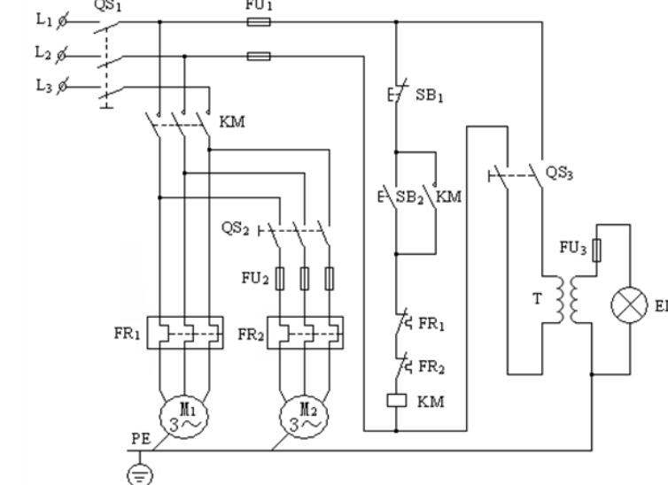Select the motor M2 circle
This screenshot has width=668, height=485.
click(303, 411)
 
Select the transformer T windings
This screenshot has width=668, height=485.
click(568, 302)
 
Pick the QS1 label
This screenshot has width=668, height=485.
click(105, 4)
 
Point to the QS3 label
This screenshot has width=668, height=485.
click(559, 173)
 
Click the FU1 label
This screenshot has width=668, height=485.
click(256, 4)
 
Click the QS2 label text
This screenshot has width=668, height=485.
click(236, 228)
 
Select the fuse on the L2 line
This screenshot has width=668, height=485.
click(258, 56)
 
